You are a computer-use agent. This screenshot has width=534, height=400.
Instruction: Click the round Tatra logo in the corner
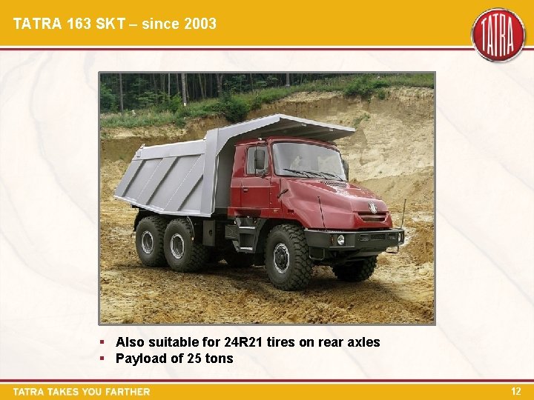click(x=498, y=35)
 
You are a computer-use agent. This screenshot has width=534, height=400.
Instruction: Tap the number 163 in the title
click(x=72, y=24)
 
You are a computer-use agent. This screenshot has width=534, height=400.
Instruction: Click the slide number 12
click(x=516, y=390)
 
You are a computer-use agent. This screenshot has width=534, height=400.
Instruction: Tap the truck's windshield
click(x=307, y=159)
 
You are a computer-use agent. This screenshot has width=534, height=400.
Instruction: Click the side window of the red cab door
click(x=256, y=160)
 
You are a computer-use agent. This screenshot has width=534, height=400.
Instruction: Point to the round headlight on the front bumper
click(x=340, y=239)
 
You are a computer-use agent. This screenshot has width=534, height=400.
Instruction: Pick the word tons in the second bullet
click(x=219, y=359)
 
